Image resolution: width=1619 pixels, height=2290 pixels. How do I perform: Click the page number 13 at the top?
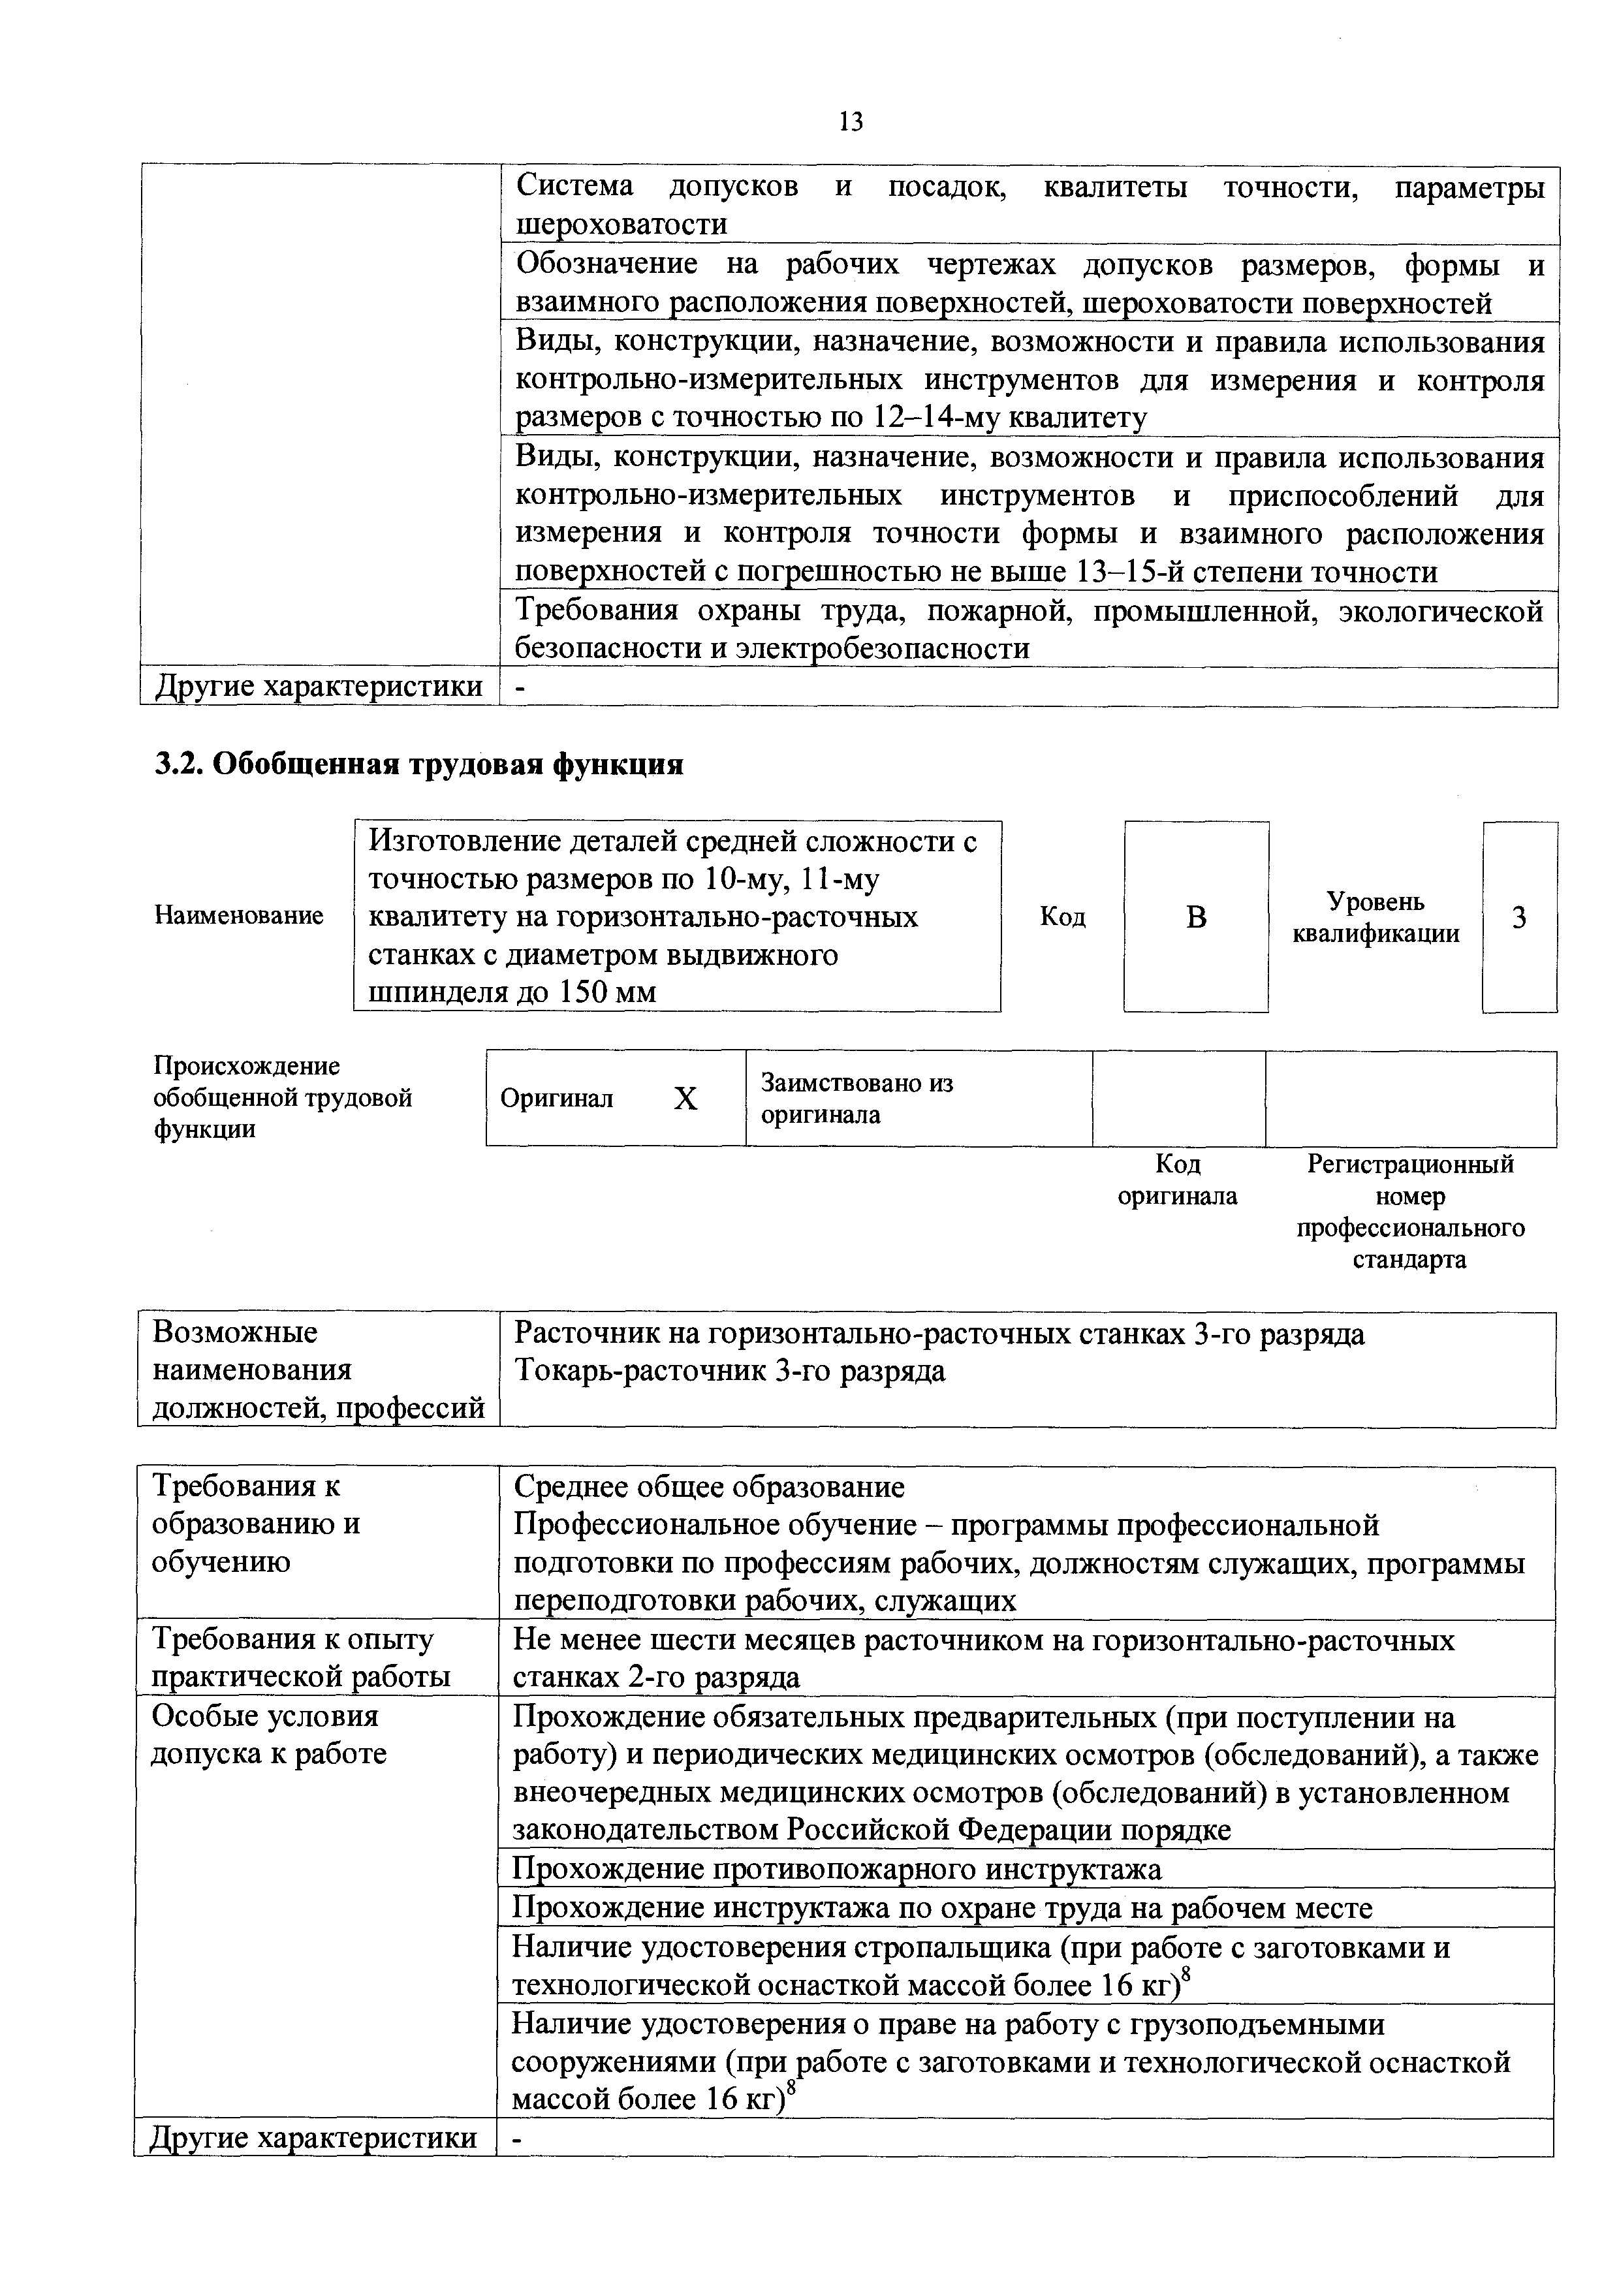pyautogui.click(x=851, y=123)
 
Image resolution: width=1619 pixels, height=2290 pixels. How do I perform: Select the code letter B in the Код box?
pyautogui.click(x=1196, y=917)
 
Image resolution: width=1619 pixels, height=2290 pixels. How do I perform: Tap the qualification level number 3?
pyautogui.click(x=1518, y=917)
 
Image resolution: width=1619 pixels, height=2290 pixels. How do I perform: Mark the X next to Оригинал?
pyautogui.click(x=685, y=1099)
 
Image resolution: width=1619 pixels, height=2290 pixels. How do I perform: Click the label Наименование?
pyautogui.click(x=240, y=916)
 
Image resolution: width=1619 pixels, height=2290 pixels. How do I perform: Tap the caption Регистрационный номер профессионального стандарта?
pyautogui.click(x=1411, y=1211)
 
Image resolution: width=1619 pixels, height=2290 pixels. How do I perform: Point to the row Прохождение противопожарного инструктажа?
pyautogui.click(x=836, y=1868)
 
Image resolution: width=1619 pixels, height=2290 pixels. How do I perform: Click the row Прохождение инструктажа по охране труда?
pyautogui.click(x=941, y=1908)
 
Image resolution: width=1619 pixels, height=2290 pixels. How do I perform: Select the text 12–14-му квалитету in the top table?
pyautogui.click(x=1009, y=417)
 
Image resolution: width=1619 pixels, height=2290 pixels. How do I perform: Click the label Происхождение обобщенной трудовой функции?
pyautogui.click(x=282, y=1098)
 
